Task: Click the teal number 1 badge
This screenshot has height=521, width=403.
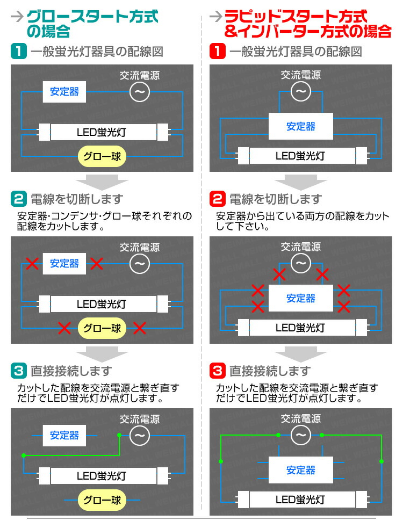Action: [19, 52]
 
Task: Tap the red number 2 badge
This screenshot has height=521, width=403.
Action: [217, 199]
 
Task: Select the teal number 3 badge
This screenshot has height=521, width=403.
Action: [19, 371]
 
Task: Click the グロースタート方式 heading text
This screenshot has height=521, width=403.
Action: [92, 16]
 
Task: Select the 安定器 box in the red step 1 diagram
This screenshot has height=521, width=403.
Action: [300, 127]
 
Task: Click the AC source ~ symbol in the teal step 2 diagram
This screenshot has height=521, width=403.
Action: [140, 264]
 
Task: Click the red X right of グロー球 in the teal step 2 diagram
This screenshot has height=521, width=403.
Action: [140, 327]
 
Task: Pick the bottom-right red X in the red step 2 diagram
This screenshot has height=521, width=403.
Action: [343, 307]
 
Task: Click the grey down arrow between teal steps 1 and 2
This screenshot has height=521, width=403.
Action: [102, 182]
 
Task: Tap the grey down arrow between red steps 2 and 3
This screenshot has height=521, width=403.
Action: [300, 354]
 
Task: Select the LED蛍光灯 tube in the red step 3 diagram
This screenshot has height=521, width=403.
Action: [300, 499]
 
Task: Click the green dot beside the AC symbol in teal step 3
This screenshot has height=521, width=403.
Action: [119, 435]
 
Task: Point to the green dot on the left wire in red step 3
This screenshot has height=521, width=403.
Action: [220, 461]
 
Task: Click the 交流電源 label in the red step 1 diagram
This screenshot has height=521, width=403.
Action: [300, 75]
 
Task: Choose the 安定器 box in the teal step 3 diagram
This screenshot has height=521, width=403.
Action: [64, 435]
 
